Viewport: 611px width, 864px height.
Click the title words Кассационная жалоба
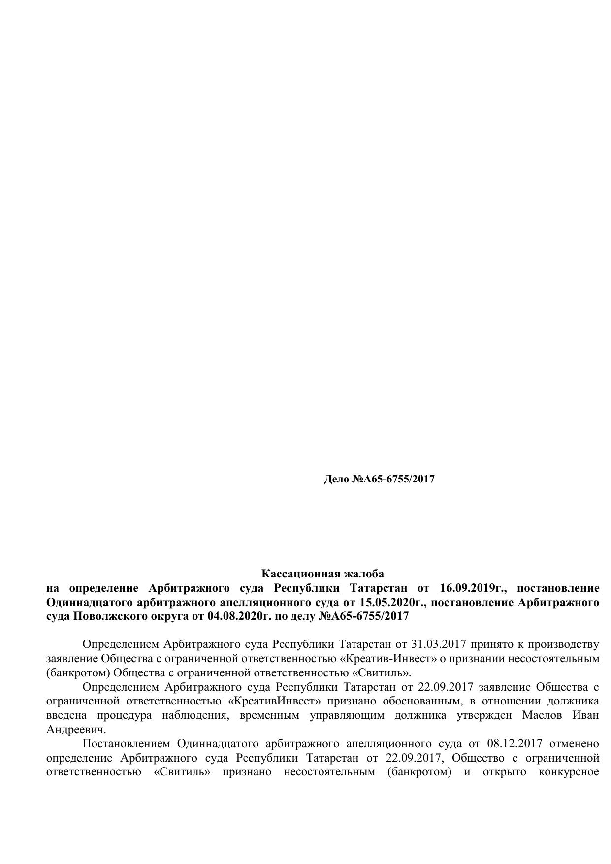[322, 574]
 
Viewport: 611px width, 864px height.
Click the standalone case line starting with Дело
[379, 479]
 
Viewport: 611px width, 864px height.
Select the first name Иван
[586, 715]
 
